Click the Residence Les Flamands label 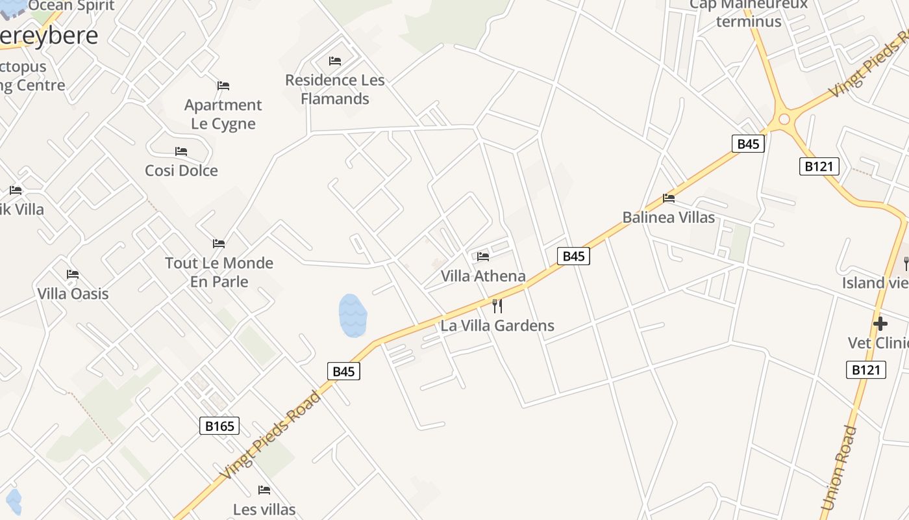pos(335,90)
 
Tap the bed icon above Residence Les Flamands pos(335,61)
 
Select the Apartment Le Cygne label pos(223,114)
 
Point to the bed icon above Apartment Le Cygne pos(223,86)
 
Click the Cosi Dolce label pos(181,171)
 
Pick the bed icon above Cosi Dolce pos(181,151)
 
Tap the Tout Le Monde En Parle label pos(219,272)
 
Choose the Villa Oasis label pos(73,294)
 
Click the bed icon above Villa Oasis pos(73,274)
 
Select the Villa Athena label pos(483,276)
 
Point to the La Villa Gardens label pos(497,326)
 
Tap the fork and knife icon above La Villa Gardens pos(497,305)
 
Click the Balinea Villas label pos(668,218)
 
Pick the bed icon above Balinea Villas pos(669,198)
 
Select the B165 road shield pos(219,426)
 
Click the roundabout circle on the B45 pos(784,119)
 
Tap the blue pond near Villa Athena pos(353,315)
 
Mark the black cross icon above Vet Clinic pos(880,323)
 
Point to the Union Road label pos(838,468)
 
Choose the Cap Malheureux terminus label pos(748,13)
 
